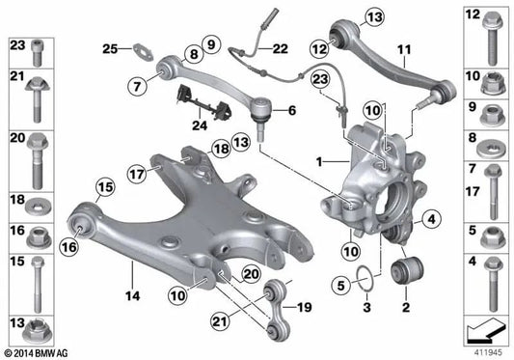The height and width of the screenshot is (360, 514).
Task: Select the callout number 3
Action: tap(365, 308)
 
